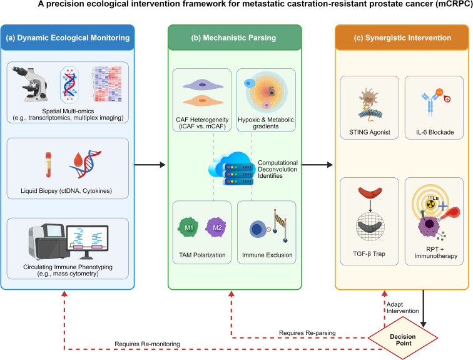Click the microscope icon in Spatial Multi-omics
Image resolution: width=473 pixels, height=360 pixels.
click(30, 84)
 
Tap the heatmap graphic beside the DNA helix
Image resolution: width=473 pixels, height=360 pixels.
click(107, 84)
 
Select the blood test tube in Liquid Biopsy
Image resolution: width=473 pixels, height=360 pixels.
click(48, 165)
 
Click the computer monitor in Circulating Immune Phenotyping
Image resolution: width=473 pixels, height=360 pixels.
click(88, 242)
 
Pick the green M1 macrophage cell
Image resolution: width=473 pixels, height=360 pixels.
click(189, 227)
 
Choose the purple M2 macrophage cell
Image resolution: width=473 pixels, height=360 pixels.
click(216, 227)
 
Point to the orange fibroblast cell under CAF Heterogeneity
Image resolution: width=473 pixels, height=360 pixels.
click(203, 100)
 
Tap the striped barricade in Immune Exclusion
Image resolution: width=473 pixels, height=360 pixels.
click(280, 225)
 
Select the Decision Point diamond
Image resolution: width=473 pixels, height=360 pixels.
click(403, 338)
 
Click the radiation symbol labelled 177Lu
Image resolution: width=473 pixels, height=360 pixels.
click(430, 204)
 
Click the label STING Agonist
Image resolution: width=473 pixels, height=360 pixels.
click(370, 132)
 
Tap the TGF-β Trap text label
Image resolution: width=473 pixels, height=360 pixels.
click(369, 254)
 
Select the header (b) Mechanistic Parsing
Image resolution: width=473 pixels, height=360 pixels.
click(233, 38)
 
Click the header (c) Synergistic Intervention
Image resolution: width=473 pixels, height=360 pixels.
click(402, 38)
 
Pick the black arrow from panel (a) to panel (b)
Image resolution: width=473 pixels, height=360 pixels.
click(150, 165)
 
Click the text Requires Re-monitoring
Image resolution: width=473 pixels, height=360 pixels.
click(147, 344)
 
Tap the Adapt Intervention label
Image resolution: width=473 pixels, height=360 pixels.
click(403, 307)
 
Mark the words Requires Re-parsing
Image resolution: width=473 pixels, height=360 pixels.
click(307, 333)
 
